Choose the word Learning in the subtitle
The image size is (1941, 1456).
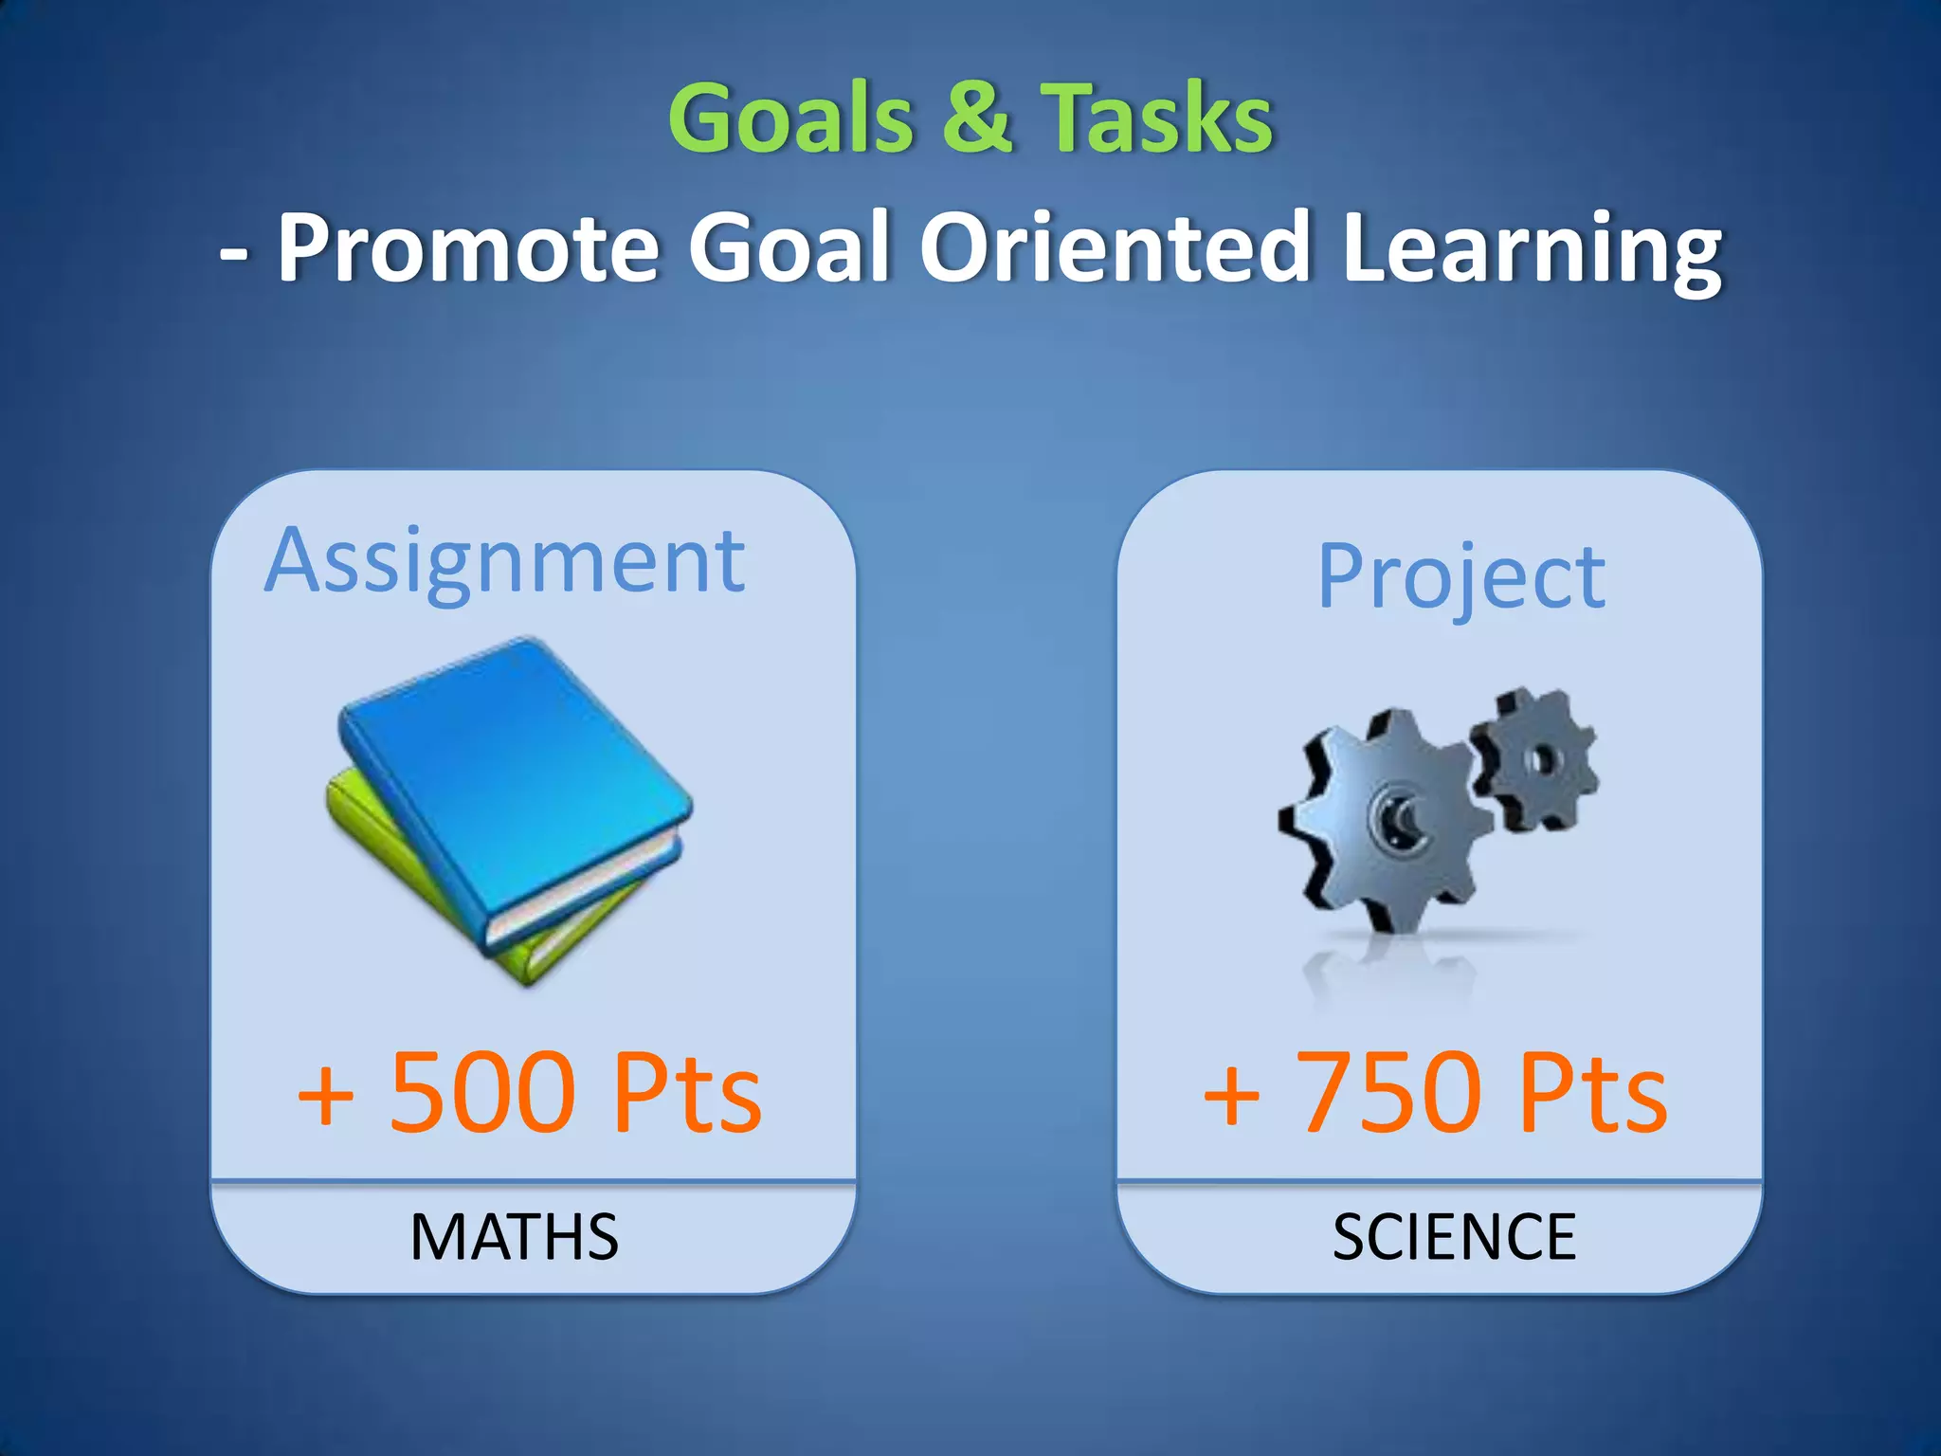(1532, 248)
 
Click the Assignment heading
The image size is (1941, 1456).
(505, 562)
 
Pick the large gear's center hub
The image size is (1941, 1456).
(1396, 815)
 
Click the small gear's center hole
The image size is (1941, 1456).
(1542, 758)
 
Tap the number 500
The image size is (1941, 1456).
(482, 1092)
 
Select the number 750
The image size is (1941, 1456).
(1388, 1092)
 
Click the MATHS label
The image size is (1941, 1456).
(514, 1237)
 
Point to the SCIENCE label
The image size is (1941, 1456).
(1454, 1237)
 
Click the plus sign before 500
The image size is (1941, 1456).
(325, 1096)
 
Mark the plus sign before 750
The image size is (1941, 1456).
(1231, 1096)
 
